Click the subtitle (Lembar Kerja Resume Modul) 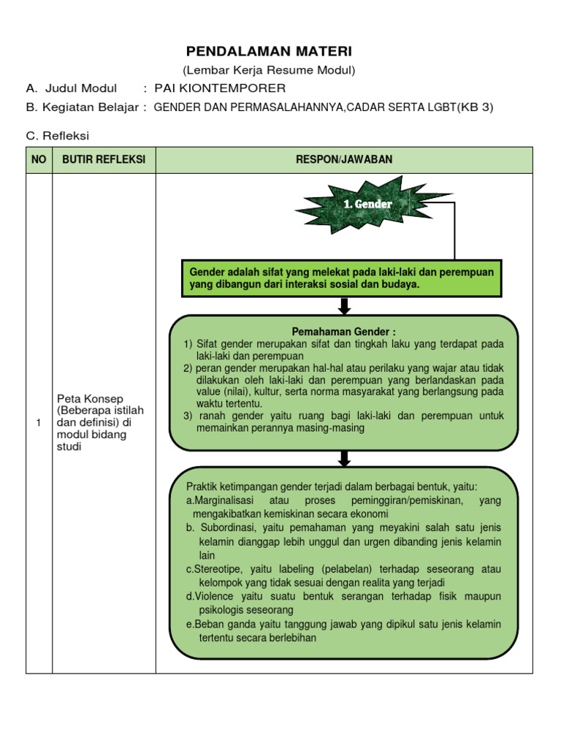(x=269, y=70)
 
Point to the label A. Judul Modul (x=71, y=88)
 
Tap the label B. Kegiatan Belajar (x=86, y=107)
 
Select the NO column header (x=38, y=160)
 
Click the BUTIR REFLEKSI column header (x=104, y=160)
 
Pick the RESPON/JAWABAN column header (x=343, y=160)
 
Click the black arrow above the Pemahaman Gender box (x=345, y=306)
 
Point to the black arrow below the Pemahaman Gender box (x=345, y=458)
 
